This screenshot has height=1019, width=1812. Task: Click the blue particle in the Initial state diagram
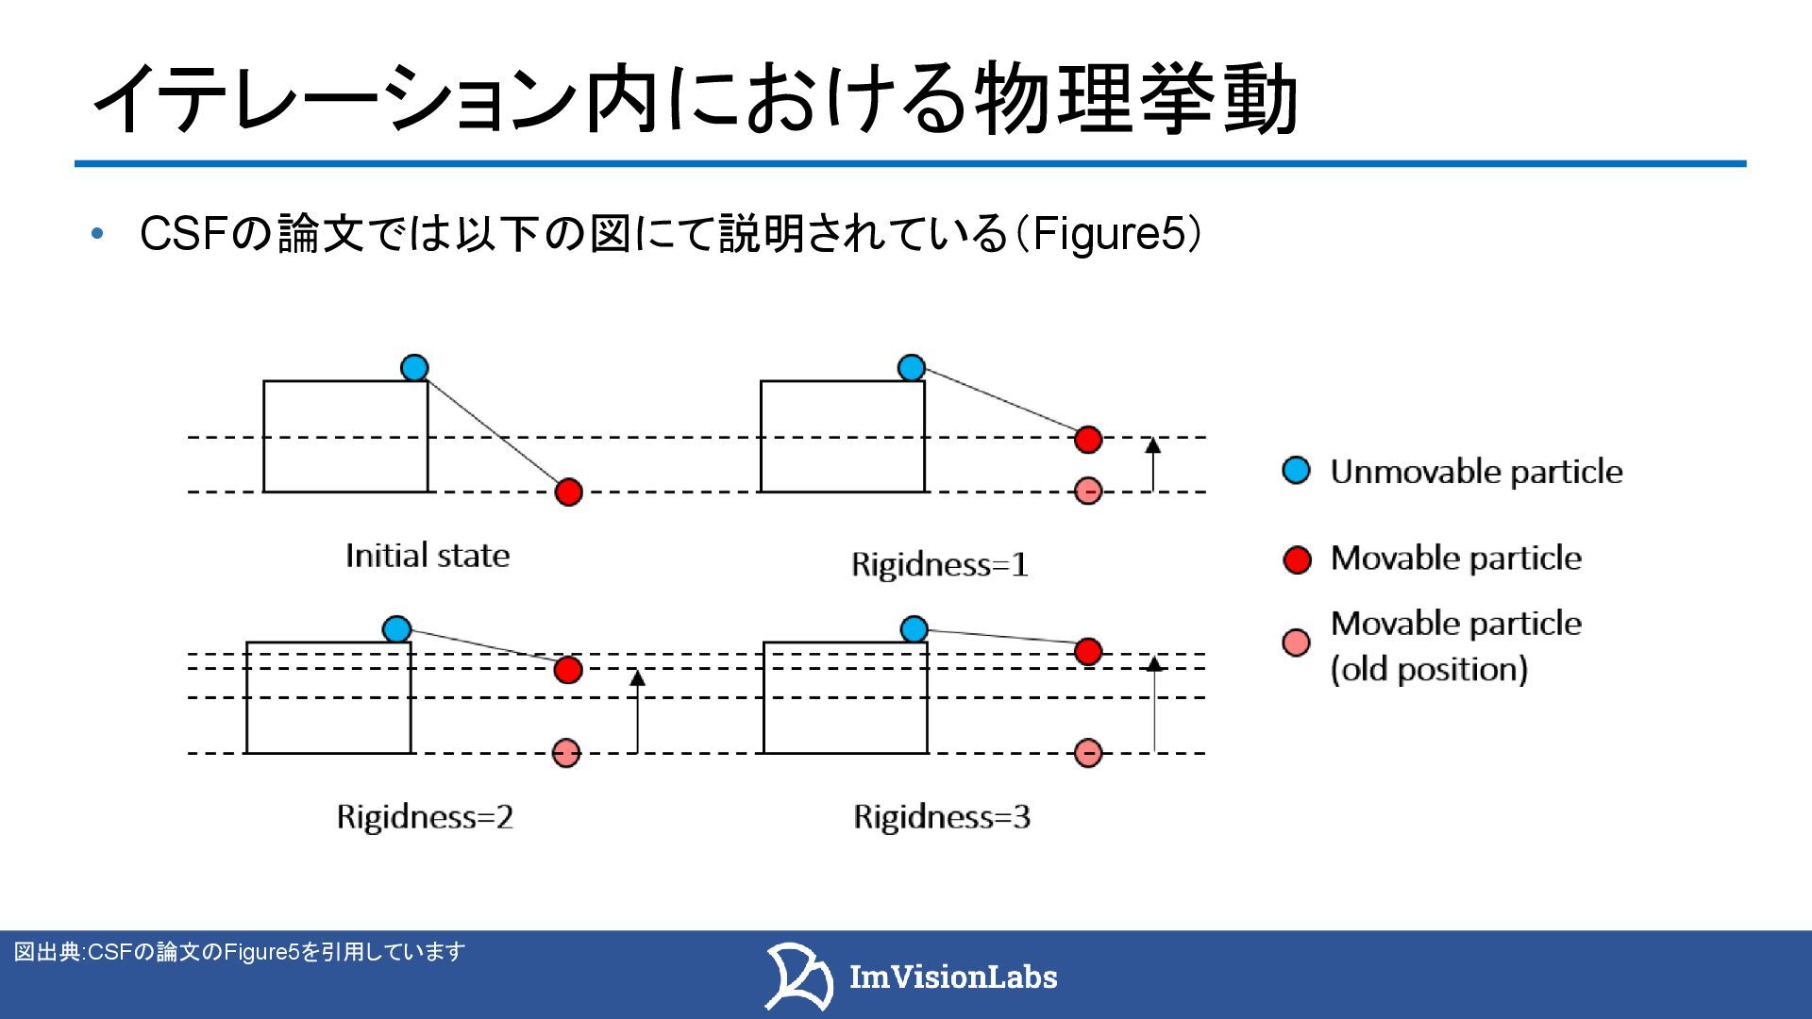(414, 367)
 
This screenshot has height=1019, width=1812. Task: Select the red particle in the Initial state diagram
(568, 492)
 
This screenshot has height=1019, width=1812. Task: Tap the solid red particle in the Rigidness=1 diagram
(1088, 439)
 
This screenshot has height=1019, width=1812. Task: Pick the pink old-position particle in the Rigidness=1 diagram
(1088, 491)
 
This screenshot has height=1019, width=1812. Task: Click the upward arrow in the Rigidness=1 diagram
(1152, 464)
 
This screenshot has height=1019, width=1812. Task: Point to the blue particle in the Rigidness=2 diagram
(397, 628)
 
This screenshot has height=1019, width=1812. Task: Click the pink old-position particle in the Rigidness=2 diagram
(566, 753)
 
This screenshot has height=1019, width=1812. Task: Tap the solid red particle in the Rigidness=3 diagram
(1088, 651)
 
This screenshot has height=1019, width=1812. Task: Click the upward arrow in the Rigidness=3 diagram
(1154, 704)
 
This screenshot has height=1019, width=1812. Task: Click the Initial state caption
(428, 556)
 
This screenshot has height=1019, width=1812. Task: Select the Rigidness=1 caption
(939, 565)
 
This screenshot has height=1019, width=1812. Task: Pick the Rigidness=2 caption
(425, 817)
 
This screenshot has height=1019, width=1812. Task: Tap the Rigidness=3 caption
(941, 817)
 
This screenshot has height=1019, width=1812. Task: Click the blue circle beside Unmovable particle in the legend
(1297, 470)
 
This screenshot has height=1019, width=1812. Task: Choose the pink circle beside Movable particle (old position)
(1297, 643)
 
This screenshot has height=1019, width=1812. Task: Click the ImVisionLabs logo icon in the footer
(797, 976)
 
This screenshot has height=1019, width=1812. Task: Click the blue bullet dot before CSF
(96, 235)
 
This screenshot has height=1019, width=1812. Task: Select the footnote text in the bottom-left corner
(240, 952)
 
